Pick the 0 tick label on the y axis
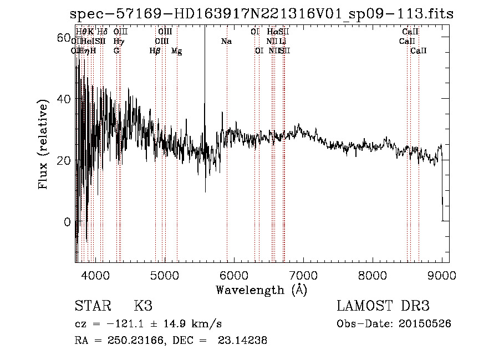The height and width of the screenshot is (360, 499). tap(67, 222)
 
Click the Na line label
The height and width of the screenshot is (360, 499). tap(226, 42)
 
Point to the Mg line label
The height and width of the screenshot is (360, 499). tap(176, 51)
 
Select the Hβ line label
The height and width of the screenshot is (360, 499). tap(155, 51)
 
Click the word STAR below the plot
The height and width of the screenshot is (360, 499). tap(92, 306)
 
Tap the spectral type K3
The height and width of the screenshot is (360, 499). tap(143, 306)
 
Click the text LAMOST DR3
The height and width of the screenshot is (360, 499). tap(383, 306)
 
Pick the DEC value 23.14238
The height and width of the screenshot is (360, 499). tap(245, 341)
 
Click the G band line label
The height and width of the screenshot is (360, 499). tap(116, 51)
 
